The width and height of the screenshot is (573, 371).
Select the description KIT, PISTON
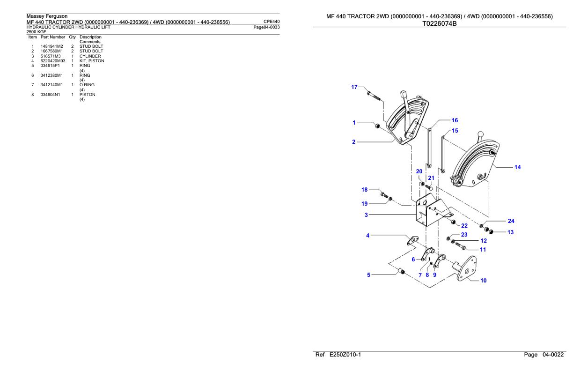tap(92, 61)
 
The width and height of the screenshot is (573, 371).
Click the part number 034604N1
tap(51, 94)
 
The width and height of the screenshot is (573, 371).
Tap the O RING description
tap(87, 85)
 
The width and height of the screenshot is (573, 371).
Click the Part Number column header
tap(52, 37)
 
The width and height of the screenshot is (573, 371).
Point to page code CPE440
tap(272, 21)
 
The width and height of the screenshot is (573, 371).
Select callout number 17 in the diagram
tap(354, 87)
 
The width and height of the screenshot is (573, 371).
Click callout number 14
tap(517, 167)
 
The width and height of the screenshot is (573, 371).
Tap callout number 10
tap(484, 281)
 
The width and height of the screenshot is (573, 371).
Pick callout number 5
tap(368, 275)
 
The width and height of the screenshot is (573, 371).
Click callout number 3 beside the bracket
tap(366, 215)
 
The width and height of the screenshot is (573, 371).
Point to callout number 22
tap(464, 226)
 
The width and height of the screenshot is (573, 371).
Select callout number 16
tap(455, 120)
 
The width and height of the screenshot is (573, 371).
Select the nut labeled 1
tap(375, 126)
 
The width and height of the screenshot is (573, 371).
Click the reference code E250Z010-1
tap(340, 356)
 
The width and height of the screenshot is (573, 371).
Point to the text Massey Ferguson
tap(47, 16)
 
